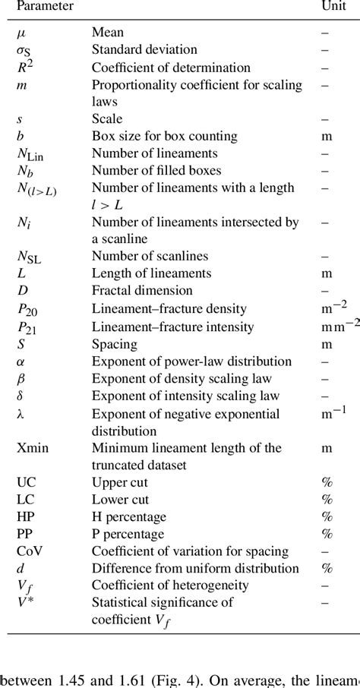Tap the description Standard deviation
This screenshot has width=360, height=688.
click(144, 50)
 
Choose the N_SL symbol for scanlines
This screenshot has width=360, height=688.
click(29, 258)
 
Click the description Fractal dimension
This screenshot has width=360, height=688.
click(142, 290)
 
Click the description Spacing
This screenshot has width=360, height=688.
click(114, 343)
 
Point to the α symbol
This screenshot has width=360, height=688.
click(21, 361)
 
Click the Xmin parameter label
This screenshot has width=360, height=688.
click(33, 448)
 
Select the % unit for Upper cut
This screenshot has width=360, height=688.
click(327, 482)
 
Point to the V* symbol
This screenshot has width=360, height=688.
click(25, 604)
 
